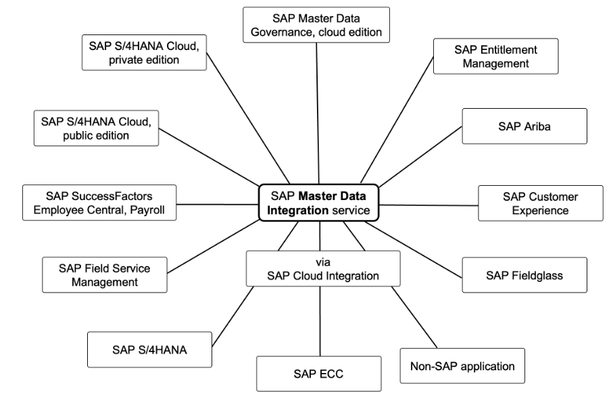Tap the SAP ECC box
308,374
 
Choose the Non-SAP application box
462,367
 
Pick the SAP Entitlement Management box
496,56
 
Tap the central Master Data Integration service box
318,202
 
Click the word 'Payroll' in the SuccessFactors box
151,209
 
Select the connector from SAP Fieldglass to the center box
412,248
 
